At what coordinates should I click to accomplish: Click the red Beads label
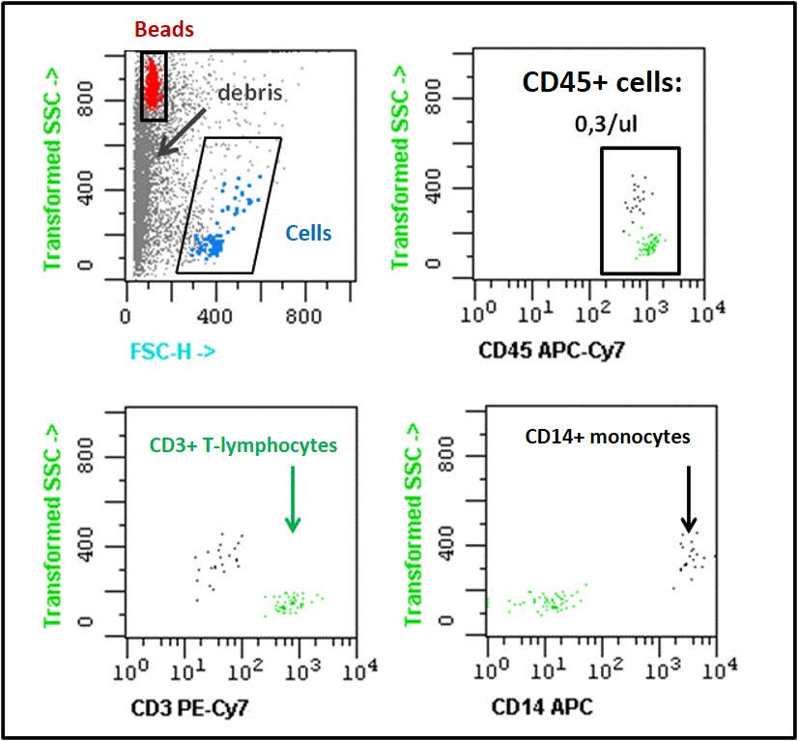point(163,30)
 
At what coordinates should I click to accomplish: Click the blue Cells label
point(308,233)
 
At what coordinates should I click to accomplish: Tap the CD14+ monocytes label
point(608,437)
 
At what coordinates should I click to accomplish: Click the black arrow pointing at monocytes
point(689,499)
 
